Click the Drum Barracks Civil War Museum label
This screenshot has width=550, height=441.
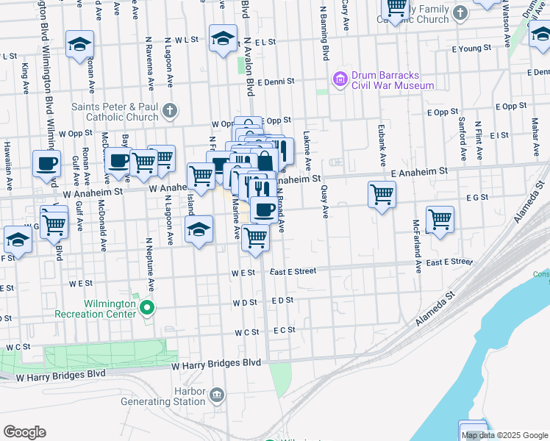[x=393, y=80]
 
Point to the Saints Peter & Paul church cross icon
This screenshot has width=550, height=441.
[x=169, y=111]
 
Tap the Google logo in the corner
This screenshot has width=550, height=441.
[x=24, y=432]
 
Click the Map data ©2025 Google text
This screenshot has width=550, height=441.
[x=504, y=435]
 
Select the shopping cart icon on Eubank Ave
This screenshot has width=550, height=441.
[x=382, y=195]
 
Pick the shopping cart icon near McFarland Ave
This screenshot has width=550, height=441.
[x=439, y=219]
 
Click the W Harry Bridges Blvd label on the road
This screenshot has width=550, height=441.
[x=217, y=363]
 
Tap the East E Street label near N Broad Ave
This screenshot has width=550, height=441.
[x=293, y=271]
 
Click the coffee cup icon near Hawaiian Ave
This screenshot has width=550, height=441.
[x=46, y=163]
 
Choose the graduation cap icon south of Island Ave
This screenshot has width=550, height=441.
[x=199, y=229]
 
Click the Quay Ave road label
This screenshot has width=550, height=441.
[x=325, y=201]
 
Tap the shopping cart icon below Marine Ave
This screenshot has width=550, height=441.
[x=254, y=237]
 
